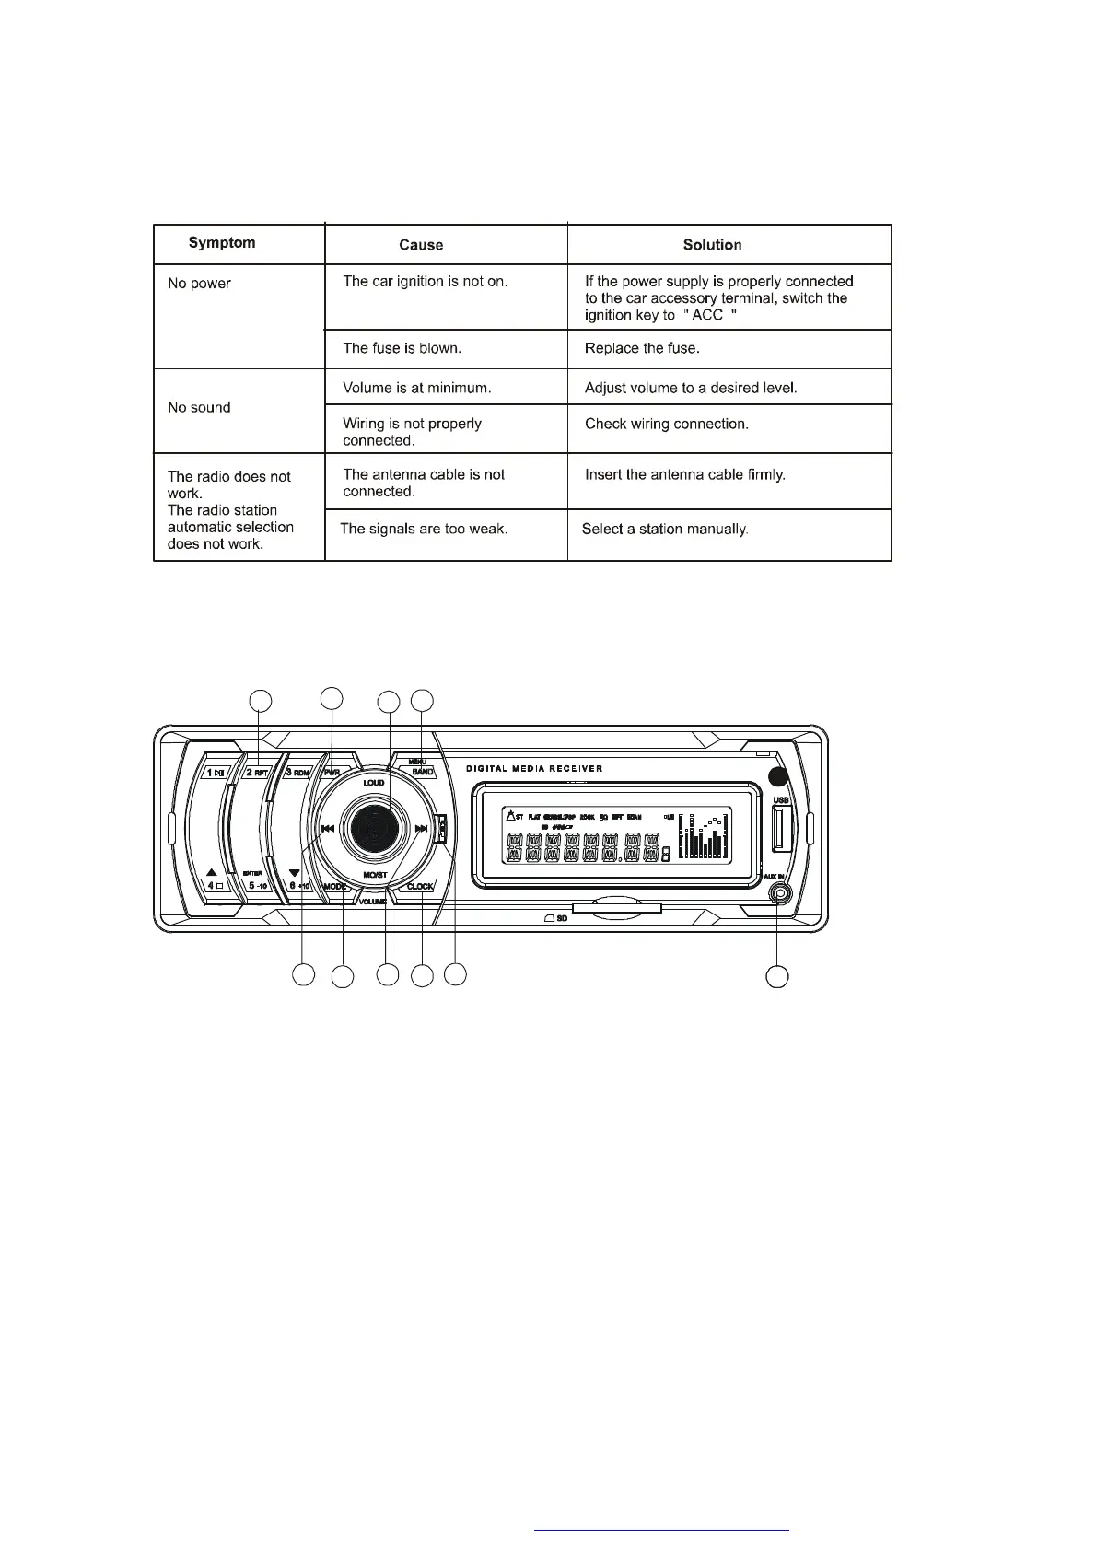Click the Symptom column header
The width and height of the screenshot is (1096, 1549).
tap(222, 243)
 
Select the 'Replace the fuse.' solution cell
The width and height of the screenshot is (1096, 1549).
tap(642, 348)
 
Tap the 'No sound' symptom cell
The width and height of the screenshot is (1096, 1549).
tap(199, 407)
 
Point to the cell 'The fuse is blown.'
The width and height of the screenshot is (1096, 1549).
tap(402, 348)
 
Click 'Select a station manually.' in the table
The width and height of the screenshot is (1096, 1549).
tap(664, 529)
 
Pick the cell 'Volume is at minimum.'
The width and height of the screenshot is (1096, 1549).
tap(416, 388)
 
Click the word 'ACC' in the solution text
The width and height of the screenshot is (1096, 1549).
tap(707, 315)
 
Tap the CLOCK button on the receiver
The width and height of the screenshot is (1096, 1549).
tap(420, 887)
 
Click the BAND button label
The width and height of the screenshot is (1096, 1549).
tap(422, 772)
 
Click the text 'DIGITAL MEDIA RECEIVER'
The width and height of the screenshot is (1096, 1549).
tap(534, 768)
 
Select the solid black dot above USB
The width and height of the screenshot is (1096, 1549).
tap(779, 774)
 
